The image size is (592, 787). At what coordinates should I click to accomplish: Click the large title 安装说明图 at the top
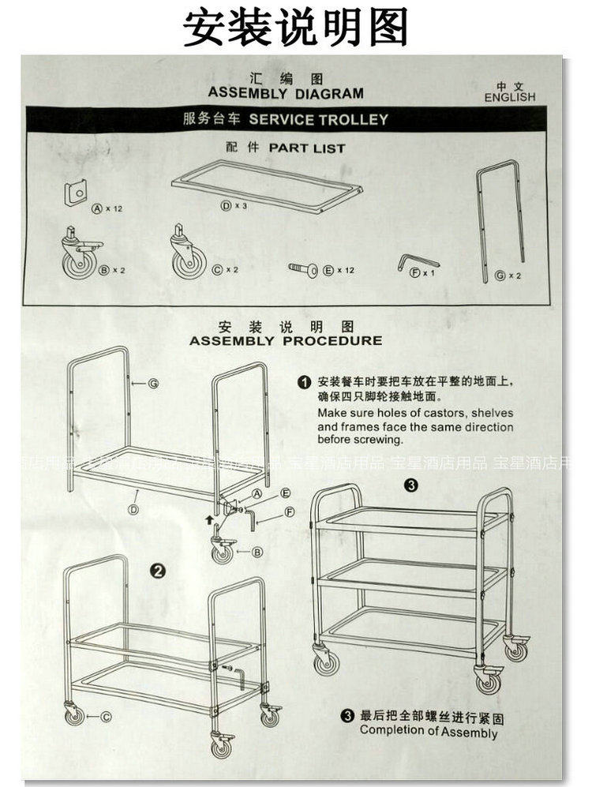point(295,28)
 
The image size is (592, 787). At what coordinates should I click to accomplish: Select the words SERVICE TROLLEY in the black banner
point(318,120)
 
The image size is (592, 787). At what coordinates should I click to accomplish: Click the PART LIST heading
point(307,148)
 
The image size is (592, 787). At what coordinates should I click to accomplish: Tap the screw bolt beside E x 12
point(303,269)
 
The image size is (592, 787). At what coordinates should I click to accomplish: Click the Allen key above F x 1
point(416,260)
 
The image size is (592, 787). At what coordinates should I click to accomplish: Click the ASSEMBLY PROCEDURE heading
point(286,341)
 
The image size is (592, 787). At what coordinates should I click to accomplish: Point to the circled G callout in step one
point(153,383)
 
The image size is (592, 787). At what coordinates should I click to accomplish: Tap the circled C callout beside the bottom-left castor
point(105,717)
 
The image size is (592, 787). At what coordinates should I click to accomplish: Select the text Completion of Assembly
point(429,732)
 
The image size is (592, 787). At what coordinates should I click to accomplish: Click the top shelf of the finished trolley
point(410,520)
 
